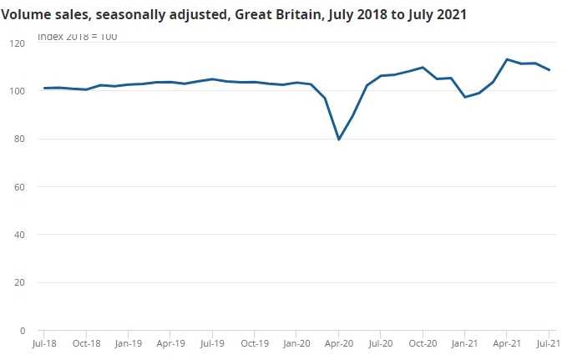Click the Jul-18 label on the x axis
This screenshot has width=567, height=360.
pos(44,342)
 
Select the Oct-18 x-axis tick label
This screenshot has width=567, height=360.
pos(86,342)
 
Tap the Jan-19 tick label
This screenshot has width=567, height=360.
pos(128,342)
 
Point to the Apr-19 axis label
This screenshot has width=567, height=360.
pos(170,342)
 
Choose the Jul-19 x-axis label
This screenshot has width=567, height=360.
pos(212,342)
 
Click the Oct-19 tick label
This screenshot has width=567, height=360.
pos(255,342)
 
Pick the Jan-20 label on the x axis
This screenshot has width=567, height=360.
pos(296,342)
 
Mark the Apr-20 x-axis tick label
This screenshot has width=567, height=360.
pos(338,342)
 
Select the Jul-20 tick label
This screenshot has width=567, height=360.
pos(381,342)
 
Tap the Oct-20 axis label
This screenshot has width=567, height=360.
pos(423,342)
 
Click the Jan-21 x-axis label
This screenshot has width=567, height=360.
pos(464,342)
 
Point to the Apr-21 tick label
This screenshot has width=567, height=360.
pos(507,342)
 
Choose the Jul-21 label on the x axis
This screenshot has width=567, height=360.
pos(547,342)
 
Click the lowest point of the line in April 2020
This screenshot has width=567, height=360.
pos(338,139)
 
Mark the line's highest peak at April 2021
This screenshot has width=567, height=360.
pos(507,59)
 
